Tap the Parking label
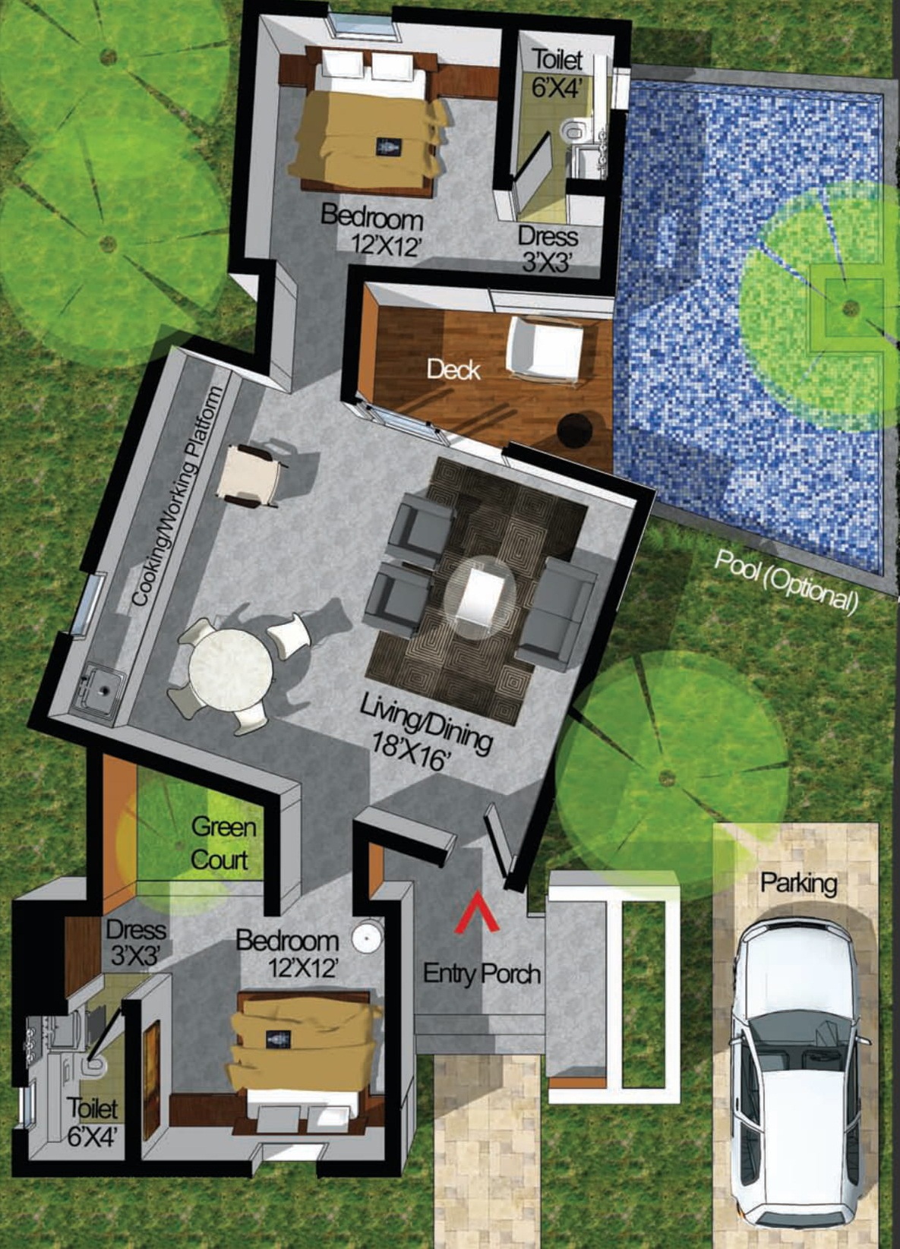coord(798,883)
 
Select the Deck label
coord(453,370)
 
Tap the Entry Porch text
coord(482,973)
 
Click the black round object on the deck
coord(575,431)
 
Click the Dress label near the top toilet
coord(548,236)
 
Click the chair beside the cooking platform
coord(250,476)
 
